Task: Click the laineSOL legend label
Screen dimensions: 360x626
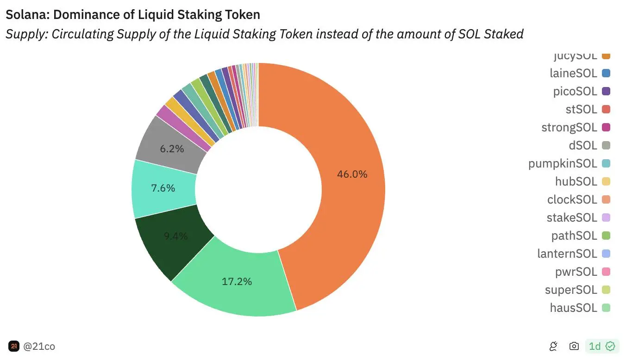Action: pyautogui.click(x=573, y=73)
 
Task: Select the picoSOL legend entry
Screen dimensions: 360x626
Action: pyautogui.click(x=575, y=91)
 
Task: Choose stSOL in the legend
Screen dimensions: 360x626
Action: pyautogui.click(x=581, y=109)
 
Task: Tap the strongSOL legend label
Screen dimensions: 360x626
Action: pyautogui.click(x=569, y=127)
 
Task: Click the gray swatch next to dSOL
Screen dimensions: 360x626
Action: pyautogui.click(x=606, y=145)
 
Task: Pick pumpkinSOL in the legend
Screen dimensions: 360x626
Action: pyautogui.click(x=563, y=163)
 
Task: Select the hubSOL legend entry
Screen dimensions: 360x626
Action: pyautogui.click(x=576, y=181)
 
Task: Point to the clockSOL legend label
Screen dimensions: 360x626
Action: pyautogui.click(x=572, y=199)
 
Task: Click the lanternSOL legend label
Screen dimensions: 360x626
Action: pyautogui.click(x=567, y=254)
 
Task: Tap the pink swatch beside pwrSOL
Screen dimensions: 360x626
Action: pyautogui.click(x=606, y=272)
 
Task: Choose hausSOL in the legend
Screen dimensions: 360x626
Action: pyautogui.click(x=573, y=308)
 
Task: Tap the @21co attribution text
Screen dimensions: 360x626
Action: pyautogui.click(x=39, y=346)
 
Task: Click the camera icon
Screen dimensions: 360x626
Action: pyautogui.click(x=574, y=346)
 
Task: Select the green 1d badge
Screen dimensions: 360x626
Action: pyautogui.click(x=601, y=346)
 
